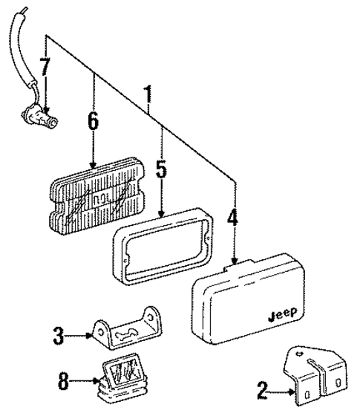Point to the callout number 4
click(233, 220)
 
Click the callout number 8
click(63, 383)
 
